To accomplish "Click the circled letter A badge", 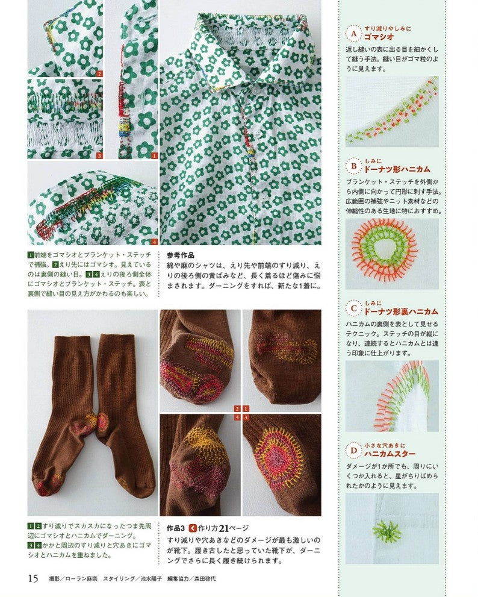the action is [x=353, y=34].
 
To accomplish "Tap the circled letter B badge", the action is [x=353, y=166].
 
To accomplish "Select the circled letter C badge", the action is [x=353, y=308].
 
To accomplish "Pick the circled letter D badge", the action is [x=353, y=451].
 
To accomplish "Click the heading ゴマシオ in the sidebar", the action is [x=379, y=37].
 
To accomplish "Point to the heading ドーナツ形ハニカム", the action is [x=397, y=169].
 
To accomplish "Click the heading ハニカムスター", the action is [x=390, y=454].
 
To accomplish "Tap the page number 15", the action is [x=33, y=578].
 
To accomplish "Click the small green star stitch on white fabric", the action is [x=385, y=530].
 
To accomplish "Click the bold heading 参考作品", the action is [x=181, y=255].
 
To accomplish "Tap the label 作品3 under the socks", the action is [x=176, y=528].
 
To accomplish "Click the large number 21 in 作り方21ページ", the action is [x=223, y=528].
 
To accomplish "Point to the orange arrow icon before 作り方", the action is [x=193, y=528].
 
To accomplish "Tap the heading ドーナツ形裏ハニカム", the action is [x=401, y=311].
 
